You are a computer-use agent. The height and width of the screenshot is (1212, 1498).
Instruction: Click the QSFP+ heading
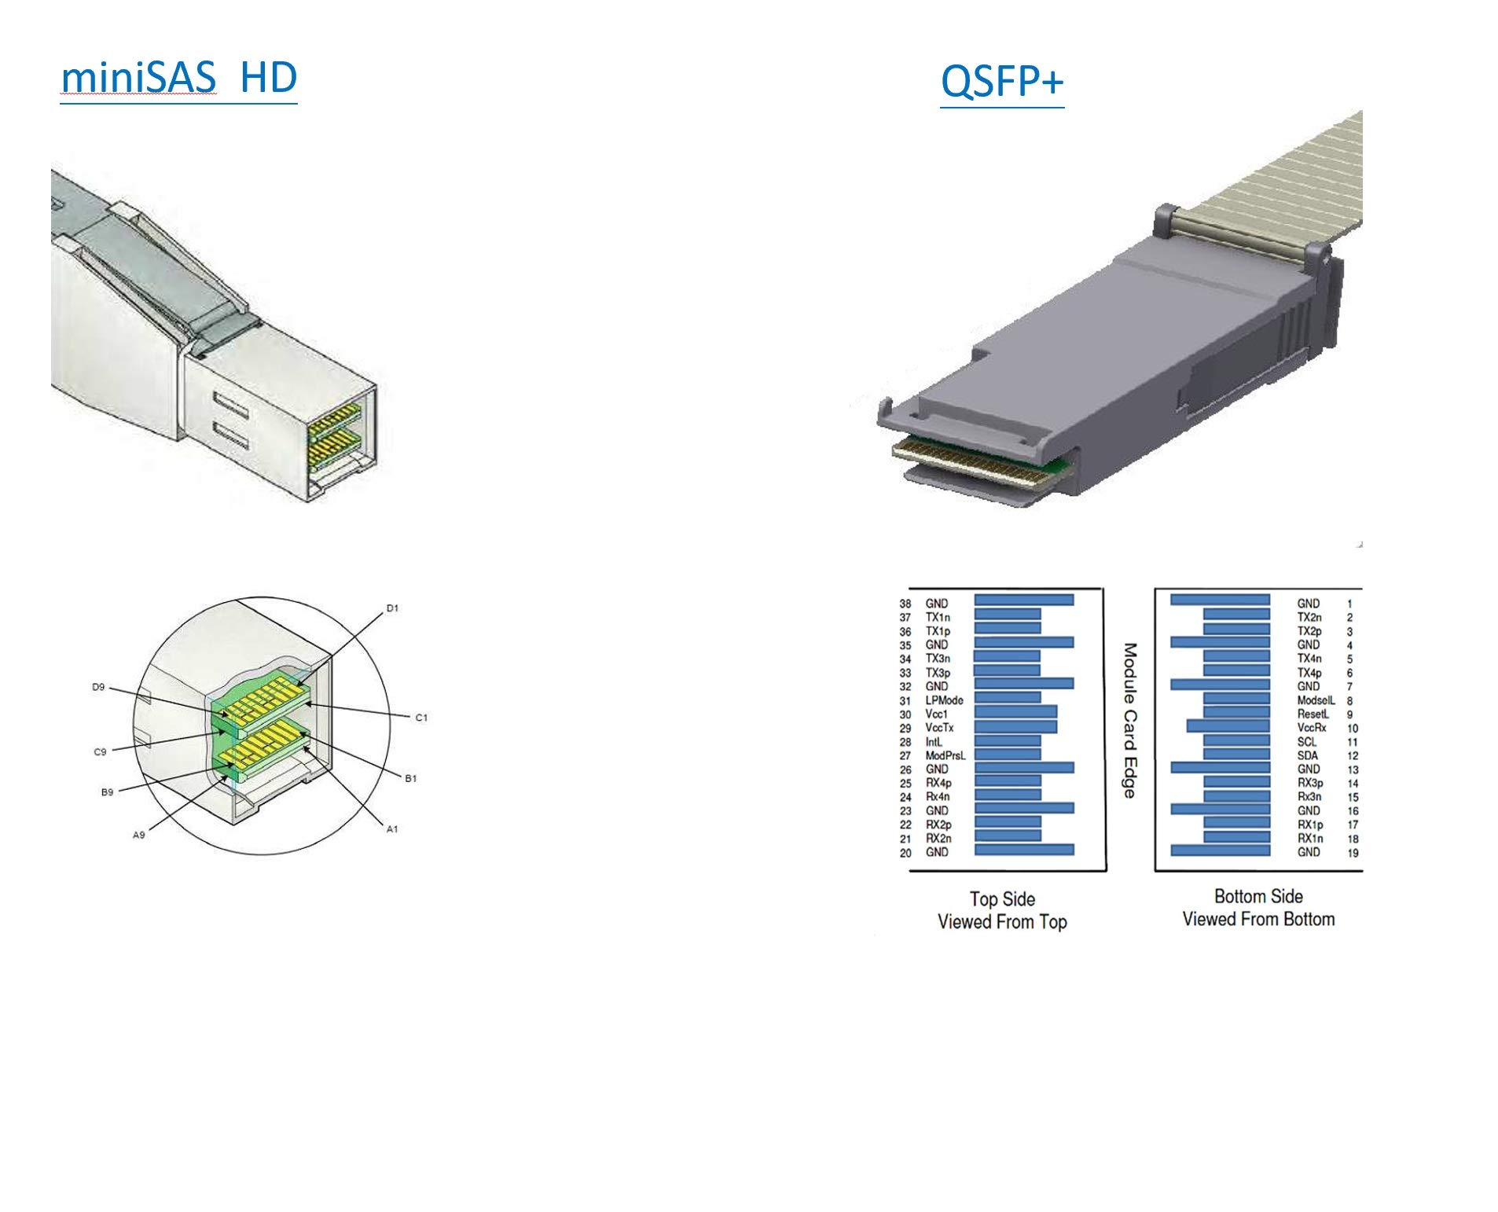point(1001,81)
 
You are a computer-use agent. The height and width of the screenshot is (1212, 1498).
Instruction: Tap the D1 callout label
point(392,608)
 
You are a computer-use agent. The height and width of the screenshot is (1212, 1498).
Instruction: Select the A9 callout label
point(139,835)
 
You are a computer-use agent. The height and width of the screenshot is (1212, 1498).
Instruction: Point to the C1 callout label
point(421,717)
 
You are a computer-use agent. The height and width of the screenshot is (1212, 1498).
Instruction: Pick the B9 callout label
point(108,791)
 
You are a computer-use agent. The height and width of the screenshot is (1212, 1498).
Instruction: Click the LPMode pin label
point(943,700)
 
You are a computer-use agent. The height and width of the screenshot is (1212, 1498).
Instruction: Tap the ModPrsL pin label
point(945,755)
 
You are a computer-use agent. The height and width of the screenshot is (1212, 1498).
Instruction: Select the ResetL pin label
point(1313,714)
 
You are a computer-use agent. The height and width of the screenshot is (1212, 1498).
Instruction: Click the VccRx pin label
point(1311,728)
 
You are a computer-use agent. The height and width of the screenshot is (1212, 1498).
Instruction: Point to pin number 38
point(905,604)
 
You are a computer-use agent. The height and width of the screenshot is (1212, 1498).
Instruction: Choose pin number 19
point(1353,852)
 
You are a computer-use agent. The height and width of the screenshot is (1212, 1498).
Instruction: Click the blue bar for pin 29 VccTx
point(1015,727)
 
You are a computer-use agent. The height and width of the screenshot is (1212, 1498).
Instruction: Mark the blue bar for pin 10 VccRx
point(1228,726)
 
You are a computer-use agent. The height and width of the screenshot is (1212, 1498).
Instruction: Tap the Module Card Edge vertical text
point(1129,720)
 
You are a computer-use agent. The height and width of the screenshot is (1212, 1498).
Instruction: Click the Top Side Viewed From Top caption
point(1002,910)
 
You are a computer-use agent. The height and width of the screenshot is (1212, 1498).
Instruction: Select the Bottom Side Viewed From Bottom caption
point(1258,908)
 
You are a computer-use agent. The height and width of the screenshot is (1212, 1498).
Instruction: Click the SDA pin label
point(1308,755)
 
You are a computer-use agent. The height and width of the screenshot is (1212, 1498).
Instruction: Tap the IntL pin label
point(933,741)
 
